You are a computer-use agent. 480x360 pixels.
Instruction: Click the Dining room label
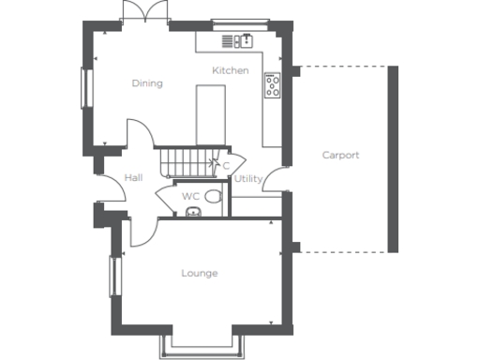click(147, 83)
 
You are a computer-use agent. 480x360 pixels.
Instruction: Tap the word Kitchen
click(230, 71)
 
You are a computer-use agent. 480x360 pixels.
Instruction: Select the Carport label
click(340, 156)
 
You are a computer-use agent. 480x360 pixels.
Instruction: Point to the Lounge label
click(199, 274)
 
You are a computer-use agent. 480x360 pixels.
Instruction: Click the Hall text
click(132, 177)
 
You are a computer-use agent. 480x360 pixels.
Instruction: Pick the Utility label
click(247, 178)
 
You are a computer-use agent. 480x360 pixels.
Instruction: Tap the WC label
click(190, 197)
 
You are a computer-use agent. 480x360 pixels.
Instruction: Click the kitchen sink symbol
click(238, 41)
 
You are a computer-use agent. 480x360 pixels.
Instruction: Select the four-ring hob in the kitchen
click(274, 86)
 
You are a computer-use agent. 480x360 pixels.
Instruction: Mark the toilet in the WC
click(214, 196)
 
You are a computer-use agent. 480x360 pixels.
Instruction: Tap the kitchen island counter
click(210, 114)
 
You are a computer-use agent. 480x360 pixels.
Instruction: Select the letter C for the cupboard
click(226, 166)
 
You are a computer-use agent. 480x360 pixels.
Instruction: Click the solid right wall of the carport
click(394, 158)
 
